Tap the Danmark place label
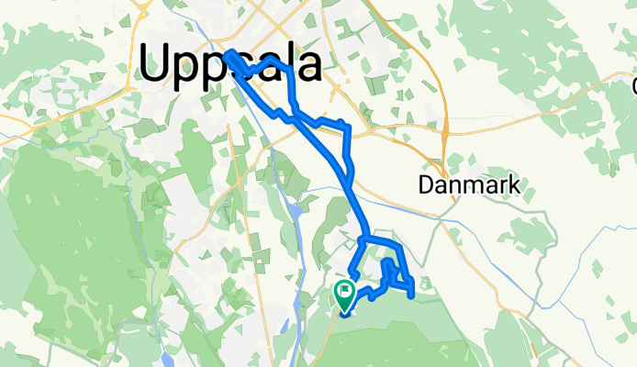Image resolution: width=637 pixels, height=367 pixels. tap(469, 185)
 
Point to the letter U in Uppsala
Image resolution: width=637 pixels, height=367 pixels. tap(159, 64)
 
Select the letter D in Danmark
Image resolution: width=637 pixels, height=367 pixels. tap(425, 185)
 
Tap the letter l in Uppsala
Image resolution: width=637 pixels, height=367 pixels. tap(293, 64)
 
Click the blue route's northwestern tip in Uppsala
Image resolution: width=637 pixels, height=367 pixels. tap(228, 52)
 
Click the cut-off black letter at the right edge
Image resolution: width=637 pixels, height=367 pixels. tap(633, 86)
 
